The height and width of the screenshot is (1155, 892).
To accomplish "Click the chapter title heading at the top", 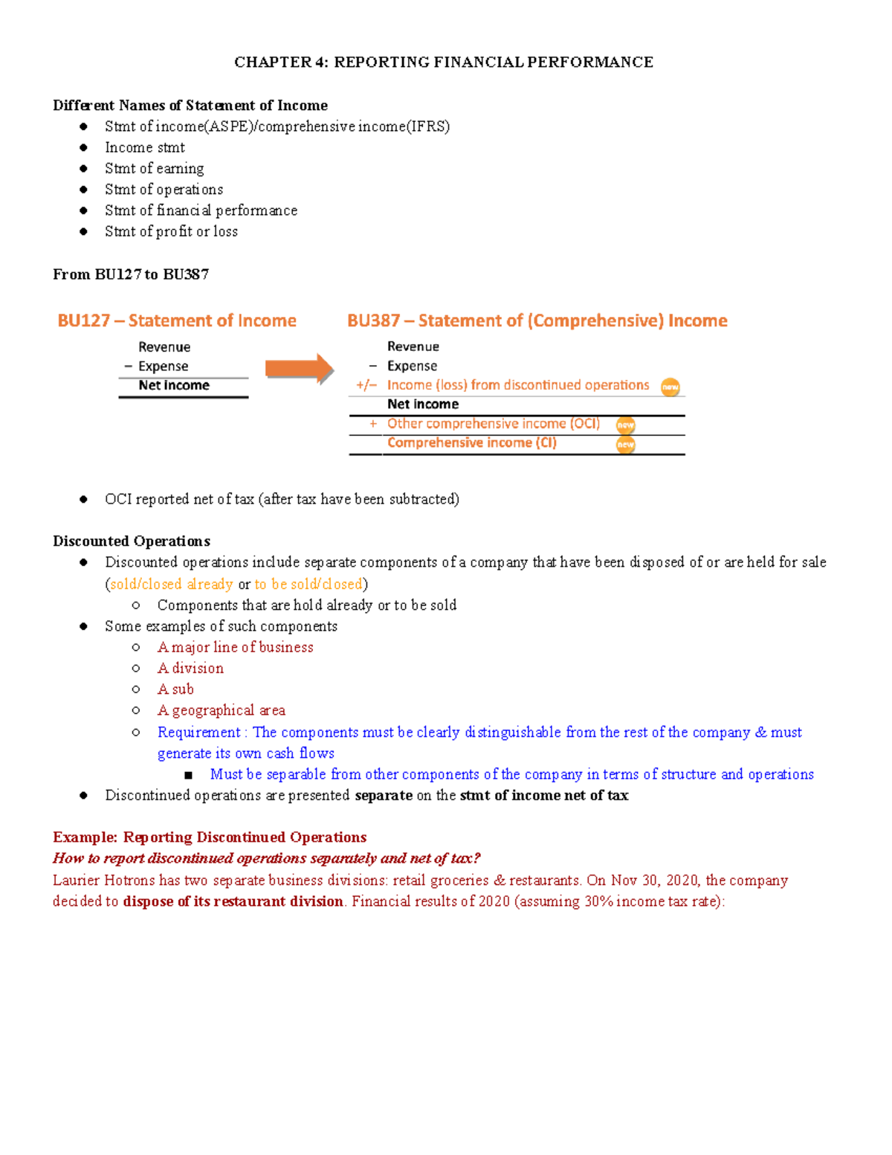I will coord(444,62).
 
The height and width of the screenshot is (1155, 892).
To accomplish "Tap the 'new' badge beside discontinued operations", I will coord(670,387).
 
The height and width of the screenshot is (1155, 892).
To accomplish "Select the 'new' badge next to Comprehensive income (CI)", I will coord(625,445).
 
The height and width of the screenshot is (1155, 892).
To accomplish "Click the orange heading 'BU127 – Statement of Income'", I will coord(177,321).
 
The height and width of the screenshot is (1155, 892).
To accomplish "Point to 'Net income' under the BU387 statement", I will coord(422,405).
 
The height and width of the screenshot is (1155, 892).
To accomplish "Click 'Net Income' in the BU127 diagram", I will coord(174,385).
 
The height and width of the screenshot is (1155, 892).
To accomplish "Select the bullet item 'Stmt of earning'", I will coord(154,169).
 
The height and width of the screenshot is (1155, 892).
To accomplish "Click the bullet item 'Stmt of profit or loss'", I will coord(171,231).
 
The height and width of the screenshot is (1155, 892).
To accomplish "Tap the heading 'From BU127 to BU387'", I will coord(131,274).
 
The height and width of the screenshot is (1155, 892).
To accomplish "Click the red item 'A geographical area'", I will coord(221,710).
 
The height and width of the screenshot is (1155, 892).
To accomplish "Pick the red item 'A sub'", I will coord(175,689).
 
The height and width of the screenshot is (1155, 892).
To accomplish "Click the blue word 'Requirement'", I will coord(198,733).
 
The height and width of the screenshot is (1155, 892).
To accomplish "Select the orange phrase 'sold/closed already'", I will coord(172,585).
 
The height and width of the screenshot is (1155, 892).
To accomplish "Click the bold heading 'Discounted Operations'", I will coord(132,541).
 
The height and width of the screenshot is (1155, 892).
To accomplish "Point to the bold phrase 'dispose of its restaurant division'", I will coord(233,901).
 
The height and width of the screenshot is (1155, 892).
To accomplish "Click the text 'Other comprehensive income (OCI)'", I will coord(493,424).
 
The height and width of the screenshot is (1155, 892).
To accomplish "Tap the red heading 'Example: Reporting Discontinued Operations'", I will coord(210,837).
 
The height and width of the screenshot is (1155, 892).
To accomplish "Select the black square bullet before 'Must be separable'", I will coord(188,775).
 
